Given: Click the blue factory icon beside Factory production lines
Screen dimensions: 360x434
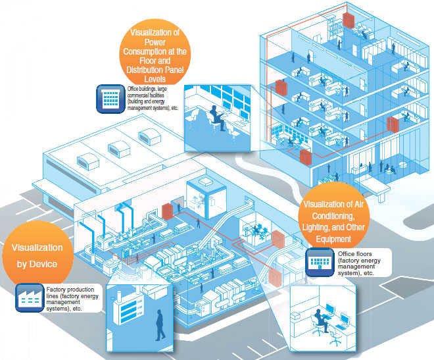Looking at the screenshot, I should [x=28, y=297].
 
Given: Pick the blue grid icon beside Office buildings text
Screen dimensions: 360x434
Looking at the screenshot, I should [x=108, y=98].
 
